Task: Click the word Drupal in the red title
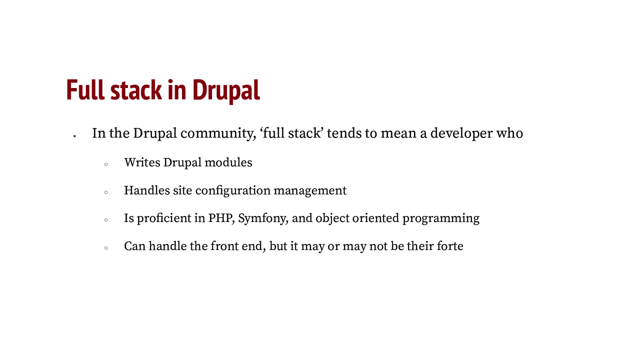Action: pyautogui.click(x=226, y=90)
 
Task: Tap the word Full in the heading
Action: pyautogui.click(x=85, y=90)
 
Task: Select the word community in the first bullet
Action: pyautogui.click(x=218, y=134)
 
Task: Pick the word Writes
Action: pyautogui.click(x=142, y=163)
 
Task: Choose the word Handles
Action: pyautogui.click(x=147, y=190)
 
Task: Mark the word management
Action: pyautogui.click(x=310, y=191)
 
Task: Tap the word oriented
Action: pyautogui.click(x=376, y=218)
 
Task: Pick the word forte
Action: pyautogui.click(x=450, y=246)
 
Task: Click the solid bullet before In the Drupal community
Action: pyautogui.click(x=75, y=136)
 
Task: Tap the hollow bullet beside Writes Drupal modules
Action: pyautogui.click(x=106, y=164)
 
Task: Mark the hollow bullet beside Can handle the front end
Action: pyautogui.click(x=106, y=248)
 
